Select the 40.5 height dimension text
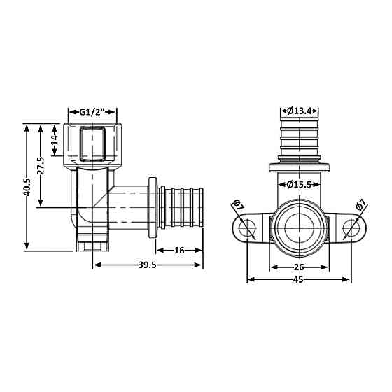[29, 185]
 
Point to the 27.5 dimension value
[42, 165]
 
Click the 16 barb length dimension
[179, 250]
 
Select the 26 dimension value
[299, 267]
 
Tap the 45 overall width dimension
[299, 279]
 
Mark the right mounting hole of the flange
[351, 230]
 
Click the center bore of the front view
[299, 229]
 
